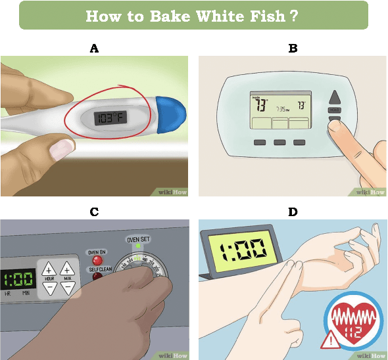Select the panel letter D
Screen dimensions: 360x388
(x=293, y=212)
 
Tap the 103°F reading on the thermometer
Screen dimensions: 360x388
(x=109, y=118)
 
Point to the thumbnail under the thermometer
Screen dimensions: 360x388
(x=61, y=149)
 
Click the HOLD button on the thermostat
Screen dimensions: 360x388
(x=334, y=110)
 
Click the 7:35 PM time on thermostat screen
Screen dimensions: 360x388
(x=282, y=109)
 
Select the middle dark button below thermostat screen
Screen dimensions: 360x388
(x=279, y=142)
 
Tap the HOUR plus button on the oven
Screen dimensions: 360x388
(x=49, y=269)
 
